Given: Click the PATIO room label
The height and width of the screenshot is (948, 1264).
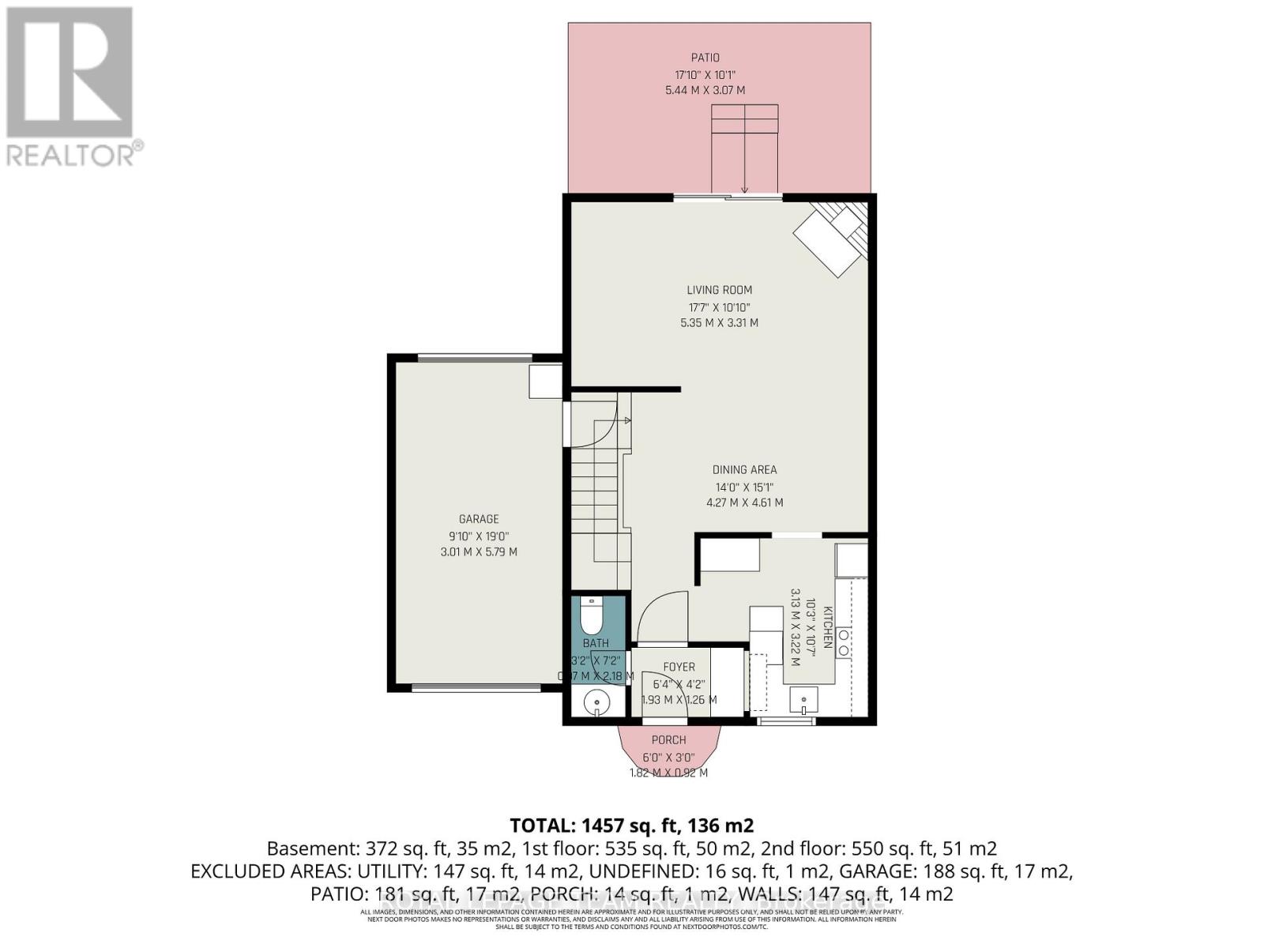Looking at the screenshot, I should [x=705, y=58].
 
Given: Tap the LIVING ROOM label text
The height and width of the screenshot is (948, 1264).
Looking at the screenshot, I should [x=719, y=290].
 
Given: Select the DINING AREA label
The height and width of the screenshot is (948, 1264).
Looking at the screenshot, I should [x=745, y=469].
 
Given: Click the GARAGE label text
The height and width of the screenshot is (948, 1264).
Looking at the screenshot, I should [x=479, y=519].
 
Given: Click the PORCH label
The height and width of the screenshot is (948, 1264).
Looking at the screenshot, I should [x=668, y=740].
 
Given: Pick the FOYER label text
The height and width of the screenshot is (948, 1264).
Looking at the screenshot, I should [x=679, y=668].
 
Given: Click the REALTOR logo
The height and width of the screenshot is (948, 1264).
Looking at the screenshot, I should [x=71, y=87].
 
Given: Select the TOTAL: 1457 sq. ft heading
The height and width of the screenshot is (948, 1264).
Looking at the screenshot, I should [x=631, y=826].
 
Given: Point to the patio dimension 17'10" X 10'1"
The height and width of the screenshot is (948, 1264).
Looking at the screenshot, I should [x=705, y=74].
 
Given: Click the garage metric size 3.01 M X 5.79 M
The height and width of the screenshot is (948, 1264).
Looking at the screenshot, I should [x=479, y=551].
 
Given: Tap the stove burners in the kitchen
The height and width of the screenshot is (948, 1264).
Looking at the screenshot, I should [x=844, y=642].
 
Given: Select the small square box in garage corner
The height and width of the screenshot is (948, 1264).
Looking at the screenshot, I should [x=545, y=382].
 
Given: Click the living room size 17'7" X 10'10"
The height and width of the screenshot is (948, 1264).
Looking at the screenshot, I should [x=719, y=307].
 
